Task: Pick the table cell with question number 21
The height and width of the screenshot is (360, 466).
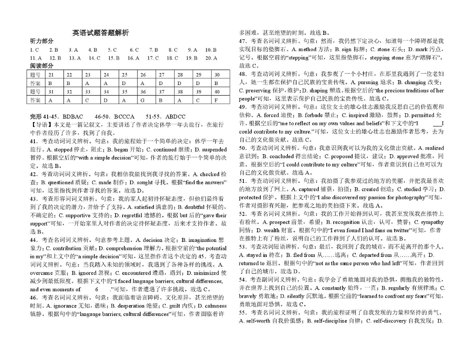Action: pos(51,75)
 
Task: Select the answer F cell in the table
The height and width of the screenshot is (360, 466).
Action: pos(216,100)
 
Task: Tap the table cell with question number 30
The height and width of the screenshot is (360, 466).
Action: pos(216,75)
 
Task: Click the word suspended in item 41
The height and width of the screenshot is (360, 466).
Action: pos(212,149)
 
